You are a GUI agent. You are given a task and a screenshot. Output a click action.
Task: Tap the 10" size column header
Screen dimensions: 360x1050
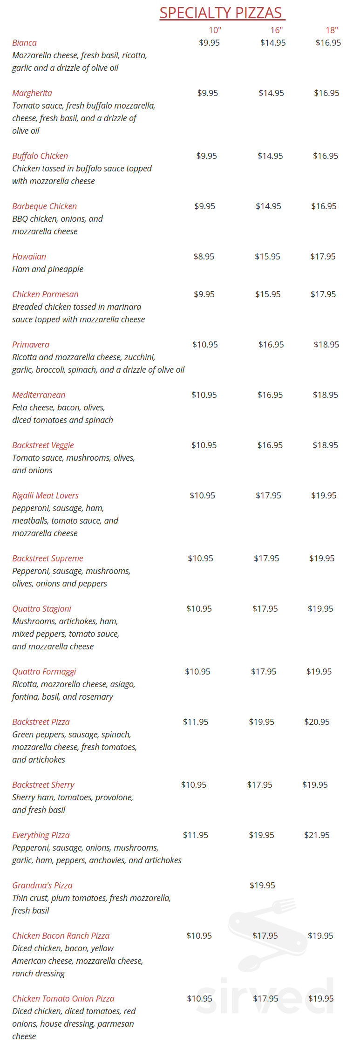point(215,30)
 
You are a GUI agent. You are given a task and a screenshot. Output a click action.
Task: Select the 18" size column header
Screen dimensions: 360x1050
point(332,30)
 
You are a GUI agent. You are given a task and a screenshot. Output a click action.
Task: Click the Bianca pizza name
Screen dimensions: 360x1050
point(24,43)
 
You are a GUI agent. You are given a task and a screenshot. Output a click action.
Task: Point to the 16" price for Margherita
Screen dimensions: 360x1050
point(271,93)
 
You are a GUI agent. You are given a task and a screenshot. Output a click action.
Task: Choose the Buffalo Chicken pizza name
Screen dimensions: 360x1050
point(40,156)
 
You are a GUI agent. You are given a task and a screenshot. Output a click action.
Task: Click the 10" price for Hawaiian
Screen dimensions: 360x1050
point(204,257)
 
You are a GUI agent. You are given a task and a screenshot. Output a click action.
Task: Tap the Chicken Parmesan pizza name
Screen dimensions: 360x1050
point(45,294)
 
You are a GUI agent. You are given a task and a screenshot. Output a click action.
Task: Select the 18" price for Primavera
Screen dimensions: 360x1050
point(326,345)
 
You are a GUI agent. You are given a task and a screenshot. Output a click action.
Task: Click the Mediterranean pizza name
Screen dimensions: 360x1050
point(39,395)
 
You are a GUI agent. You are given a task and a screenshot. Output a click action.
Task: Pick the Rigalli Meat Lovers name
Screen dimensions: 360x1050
point(45,496)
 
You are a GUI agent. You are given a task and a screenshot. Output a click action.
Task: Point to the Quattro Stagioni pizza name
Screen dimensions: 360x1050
point(41,609)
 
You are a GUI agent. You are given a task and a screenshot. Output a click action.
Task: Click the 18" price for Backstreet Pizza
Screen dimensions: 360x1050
point(317,722)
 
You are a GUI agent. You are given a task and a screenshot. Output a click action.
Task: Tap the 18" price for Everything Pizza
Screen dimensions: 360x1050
point(317,835)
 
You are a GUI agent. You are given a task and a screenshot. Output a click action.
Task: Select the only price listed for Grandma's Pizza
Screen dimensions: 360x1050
point(262,886)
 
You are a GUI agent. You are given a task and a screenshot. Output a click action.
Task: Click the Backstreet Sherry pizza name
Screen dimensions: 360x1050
point(43,785)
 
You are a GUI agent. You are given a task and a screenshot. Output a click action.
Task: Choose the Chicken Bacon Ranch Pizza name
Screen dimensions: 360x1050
point(61,936)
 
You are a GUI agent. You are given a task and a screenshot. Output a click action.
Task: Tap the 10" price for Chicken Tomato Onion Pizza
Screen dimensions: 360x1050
point(199,999)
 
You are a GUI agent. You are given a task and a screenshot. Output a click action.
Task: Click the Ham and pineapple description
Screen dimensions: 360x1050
point(48,269)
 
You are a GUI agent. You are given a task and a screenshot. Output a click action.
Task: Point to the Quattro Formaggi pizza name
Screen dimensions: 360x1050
point(44,672)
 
